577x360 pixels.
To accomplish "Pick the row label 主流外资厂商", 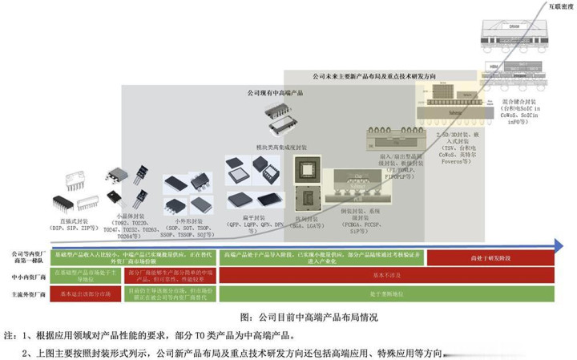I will point(26,293).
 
